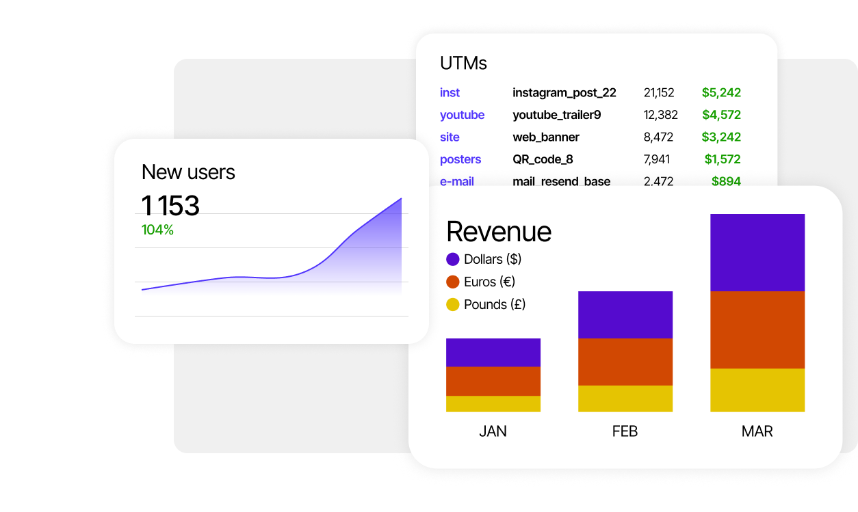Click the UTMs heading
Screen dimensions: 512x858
click(463, 64)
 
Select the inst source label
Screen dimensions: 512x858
click(450, 93)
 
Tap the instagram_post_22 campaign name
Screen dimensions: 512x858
click(564, 93)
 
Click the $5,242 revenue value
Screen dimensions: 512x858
click(721, 93)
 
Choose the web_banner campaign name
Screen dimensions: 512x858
click(545, 137)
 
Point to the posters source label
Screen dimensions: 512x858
click(460, 159)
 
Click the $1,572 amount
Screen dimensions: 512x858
click(723, 159)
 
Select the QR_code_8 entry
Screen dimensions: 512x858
click(543, 159)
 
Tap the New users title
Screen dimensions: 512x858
click(188, 172)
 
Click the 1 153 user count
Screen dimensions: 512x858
click(170, 206)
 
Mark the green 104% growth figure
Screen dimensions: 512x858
click(157, 230)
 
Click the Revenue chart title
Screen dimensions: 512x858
click(498, 232)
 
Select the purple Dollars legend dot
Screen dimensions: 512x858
click(452, 259)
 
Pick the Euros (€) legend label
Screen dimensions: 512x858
click(489, 282)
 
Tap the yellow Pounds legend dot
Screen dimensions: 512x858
click(452, 304)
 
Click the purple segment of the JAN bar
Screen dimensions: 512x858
click(493, 353)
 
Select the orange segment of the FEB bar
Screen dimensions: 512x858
click(625, 362)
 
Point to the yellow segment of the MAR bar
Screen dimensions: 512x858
click(757, 390)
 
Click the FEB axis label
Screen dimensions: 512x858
click(625, 431)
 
